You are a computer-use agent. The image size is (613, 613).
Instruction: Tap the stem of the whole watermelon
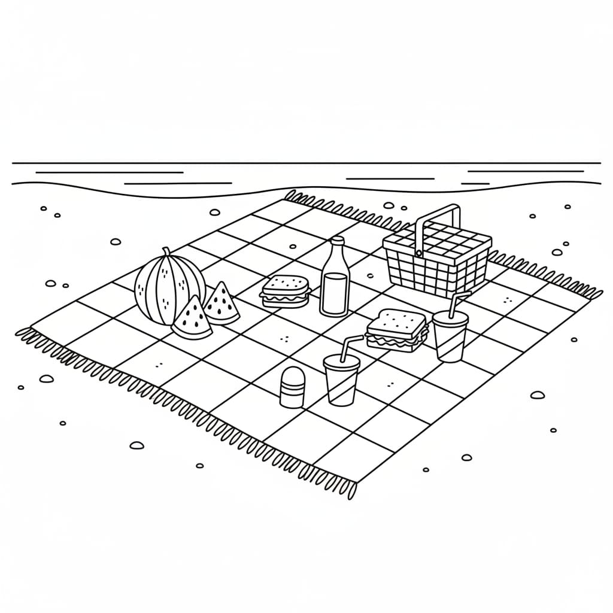coord(166,253)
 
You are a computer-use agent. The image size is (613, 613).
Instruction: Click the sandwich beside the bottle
coord(285,292)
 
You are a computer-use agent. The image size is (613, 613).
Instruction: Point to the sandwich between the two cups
coord(396,330)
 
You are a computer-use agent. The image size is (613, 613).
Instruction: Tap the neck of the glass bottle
coord(338,249)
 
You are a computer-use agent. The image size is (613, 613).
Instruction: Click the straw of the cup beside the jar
coord(349,346)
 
